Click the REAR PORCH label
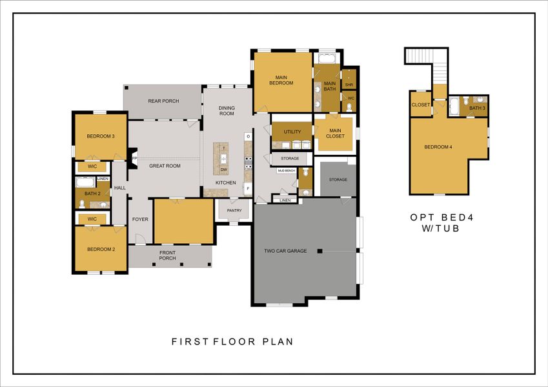(x=163, y=101)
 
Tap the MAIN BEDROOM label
(x=281, y=80)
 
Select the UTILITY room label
(x=292, y=132)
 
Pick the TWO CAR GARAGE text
(x=285, y=251)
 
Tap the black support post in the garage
(x=319, y=251)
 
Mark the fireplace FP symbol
(x=134, y=158)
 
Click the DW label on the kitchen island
(x=223, y=170)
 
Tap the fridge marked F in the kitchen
(x=247, y=189)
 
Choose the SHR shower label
(x=349, y=84)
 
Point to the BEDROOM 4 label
(x=438, y=147)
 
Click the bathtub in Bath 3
(x=454, y=105)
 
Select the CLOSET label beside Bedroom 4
(x=421, y=104)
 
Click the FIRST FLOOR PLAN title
(x=232, y=341)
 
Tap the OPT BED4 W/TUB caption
(x=441, y=223)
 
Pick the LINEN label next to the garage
(x=285, y=201)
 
